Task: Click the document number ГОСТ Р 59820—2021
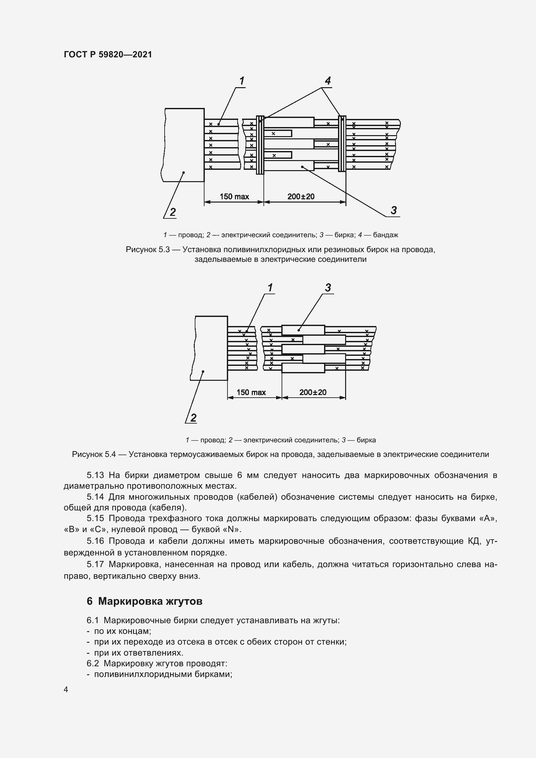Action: click(x=108, y=54)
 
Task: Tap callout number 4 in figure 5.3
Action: click(x=327, y=81)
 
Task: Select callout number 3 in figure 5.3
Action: click(x=393, y=210)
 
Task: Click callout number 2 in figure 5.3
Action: click(x=172, y=212)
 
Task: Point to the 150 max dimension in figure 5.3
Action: click(x=234, y=197)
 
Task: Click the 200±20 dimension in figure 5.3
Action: click(x=301, y=197)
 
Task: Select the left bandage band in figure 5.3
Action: click(x=261, y=145)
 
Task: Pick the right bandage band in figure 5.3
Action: click(x=342, y=144)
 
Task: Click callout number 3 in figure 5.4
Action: click(x=328, y=287)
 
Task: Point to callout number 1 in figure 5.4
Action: click(x=270, y=287)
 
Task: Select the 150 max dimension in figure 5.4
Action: click(x=251, y=392)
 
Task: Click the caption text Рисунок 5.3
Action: click(x=147, y=250)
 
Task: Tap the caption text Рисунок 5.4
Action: click(x=94, y=455)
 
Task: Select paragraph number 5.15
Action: click(x=95, y=519)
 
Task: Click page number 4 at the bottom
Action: click(x=66, y=690)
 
